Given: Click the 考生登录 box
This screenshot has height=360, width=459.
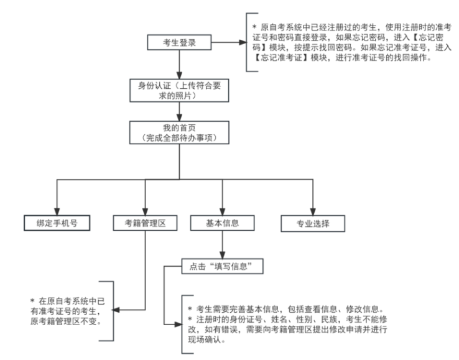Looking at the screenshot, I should (x=178, y=44).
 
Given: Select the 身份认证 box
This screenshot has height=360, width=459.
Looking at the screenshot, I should (x=178, y=90).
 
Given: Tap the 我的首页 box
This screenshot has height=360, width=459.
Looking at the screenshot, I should (x=178, y=132).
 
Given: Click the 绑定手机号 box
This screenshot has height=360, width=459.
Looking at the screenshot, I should (x=56, y=222).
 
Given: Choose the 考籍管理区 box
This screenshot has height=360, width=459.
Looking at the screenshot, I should (x=144, y=222).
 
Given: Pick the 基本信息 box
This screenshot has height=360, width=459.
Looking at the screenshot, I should (x=222, y=222).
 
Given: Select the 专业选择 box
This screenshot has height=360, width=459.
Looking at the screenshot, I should (x=313, y=222).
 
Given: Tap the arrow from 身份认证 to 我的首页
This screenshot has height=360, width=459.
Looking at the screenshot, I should (x=178, y=111).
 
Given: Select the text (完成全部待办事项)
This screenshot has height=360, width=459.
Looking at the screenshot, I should (x=178, y=137).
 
